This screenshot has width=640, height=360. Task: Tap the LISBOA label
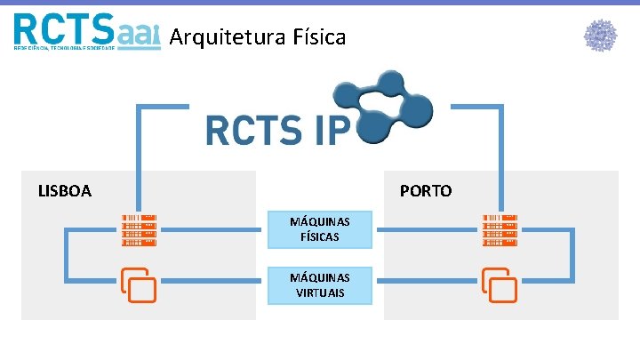pyautogui.click(x=64, y=190)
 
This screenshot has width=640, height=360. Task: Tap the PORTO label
pyautogui.click(x=426, y=190)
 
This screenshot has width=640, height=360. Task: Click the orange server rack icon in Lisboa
pyautogui.click(x=140, y=230)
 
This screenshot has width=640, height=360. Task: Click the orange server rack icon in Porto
pyautogui.click(x=500, y=230)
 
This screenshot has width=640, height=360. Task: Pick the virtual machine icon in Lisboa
pyautogui.click(x=138, y=284)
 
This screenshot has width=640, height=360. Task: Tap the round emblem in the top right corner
pyautogui.click(x=600, y=36)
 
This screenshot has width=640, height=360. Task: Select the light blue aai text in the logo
pyautogui.click(x=139, y=34)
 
